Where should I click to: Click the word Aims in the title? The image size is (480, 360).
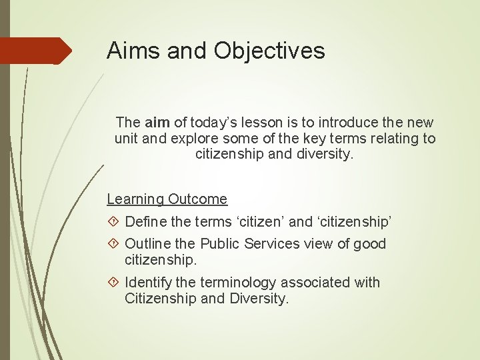(x=134, y=51)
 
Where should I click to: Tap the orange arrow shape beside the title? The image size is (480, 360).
(x=36, y=51)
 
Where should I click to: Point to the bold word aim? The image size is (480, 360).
(x=157, y=123)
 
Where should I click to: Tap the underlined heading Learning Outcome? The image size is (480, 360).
(x=167, y=199)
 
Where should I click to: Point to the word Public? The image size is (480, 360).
(x=220, y=244)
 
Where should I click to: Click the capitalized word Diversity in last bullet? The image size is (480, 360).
(x=259, y=299)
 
